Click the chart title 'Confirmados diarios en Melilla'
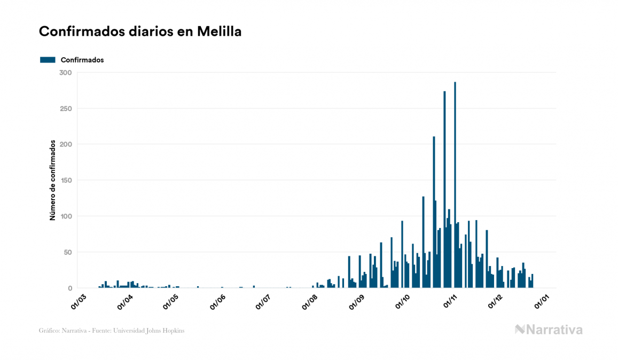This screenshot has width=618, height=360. click(140, 32)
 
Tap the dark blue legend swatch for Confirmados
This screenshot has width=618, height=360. click(48, 60)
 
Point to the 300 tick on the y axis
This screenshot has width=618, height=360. click(66, 73)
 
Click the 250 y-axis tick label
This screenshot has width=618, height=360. click(66, 108)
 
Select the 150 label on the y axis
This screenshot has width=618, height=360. click(66, 181)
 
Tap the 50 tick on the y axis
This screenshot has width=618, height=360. click(67, 252)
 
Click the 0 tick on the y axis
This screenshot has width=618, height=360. click(69, 288)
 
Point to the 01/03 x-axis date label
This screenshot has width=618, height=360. click(79, 300)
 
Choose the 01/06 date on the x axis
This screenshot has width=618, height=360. click(218, 300)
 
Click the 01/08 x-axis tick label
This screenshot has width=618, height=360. click(311, 300)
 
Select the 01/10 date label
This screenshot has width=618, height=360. click(404, 300)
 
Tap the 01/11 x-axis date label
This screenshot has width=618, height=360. click(451, 300)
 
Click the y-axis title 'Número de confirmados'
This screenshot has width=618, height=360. click(53, 181)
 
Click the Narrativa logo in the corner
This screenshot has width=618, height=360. click(549, 330)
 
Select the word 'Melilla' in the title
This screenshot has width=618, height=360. click(219, 32)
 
